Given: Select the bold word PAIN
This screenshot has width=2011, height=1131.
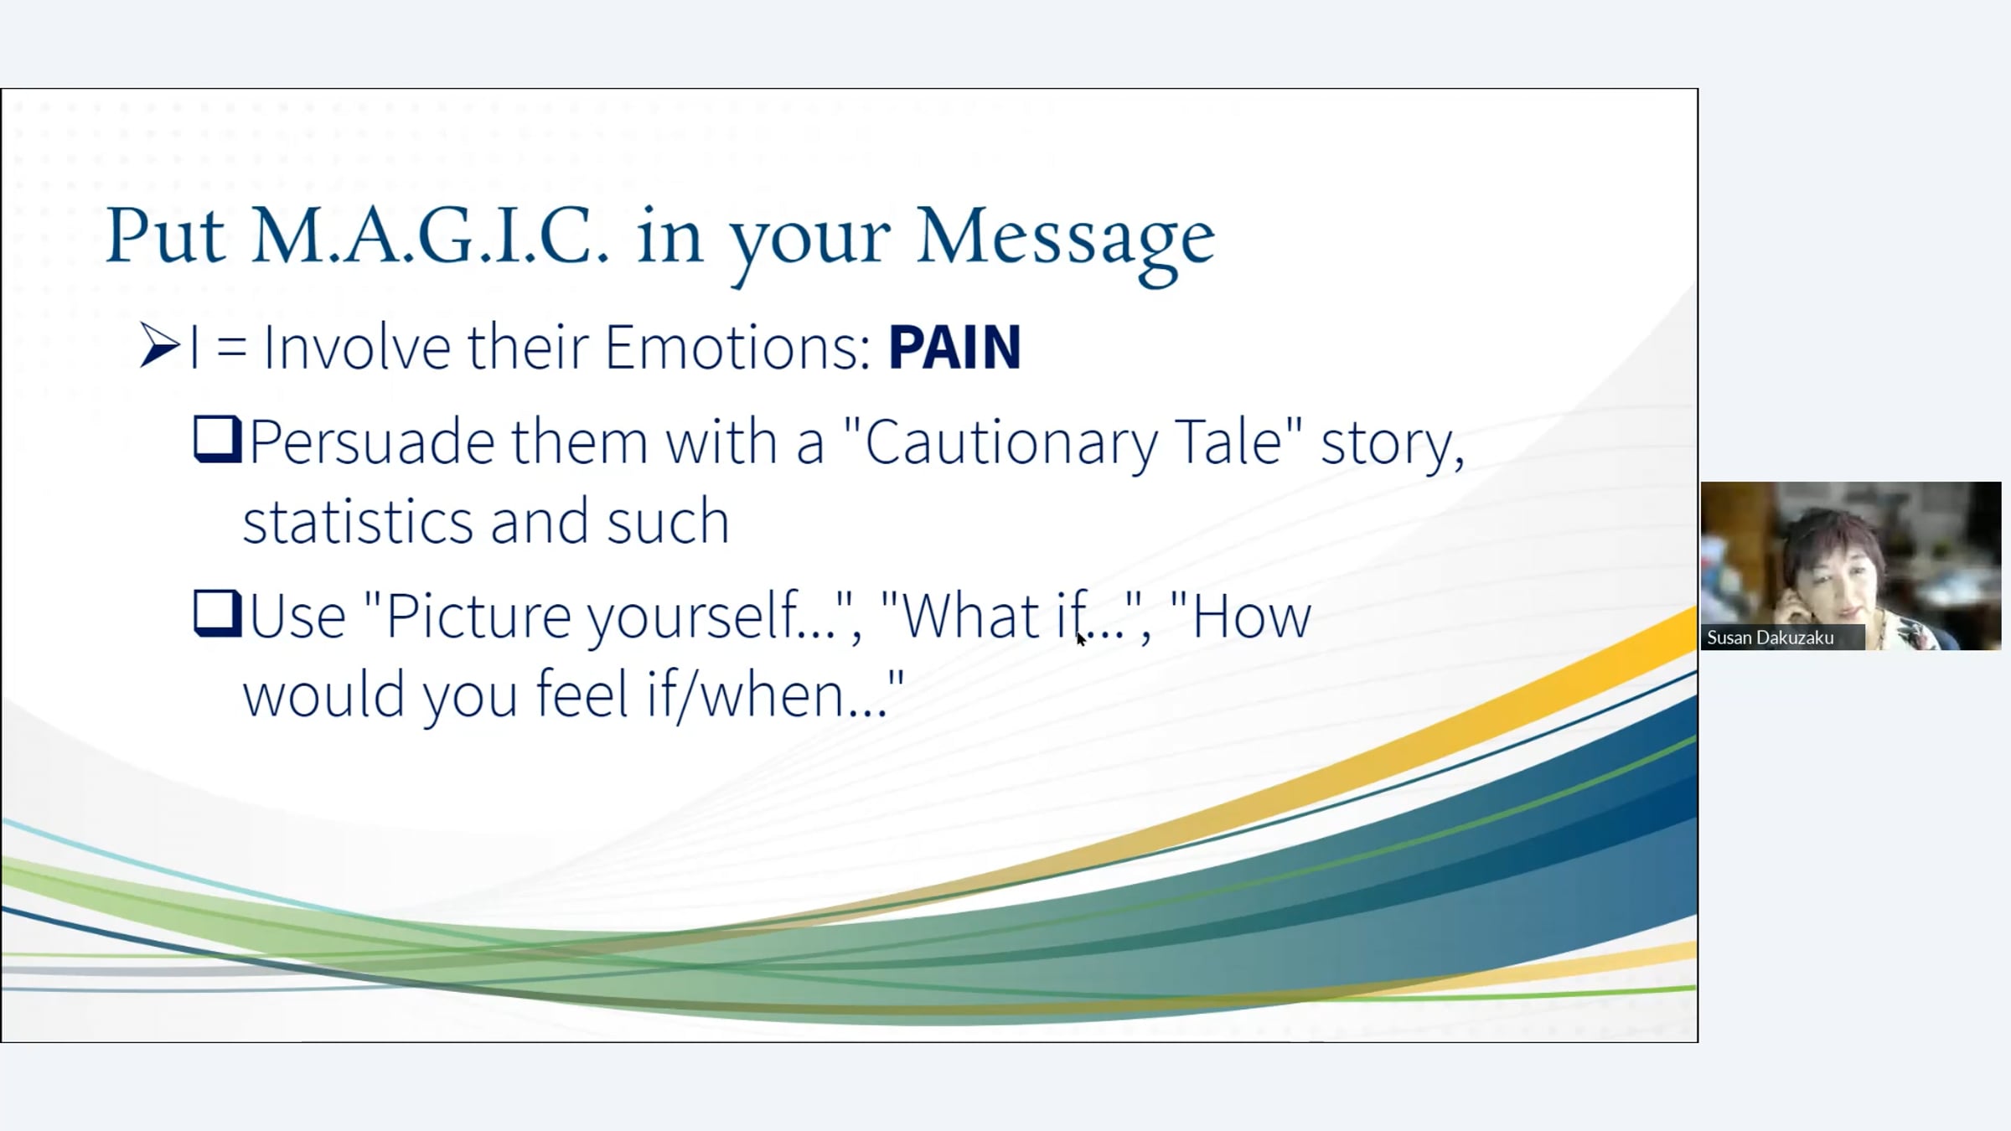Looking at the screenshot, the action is click(954, 347).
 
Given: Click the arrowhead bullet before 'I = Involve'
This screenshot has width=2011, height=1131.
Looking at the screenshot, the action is click(159, 346).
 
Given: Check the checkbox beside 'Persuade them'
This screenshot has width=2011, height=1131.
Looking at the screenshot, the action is click(218, 440).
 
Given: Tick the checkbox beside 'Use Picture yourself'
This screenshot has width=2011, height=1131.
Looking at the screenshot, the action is click(218, 614).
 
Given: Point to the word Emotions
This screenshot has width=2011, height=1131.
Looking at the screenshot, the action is click(737, 347).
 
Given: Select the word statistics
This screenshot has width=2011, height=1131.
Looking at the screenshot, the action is click(358, 521).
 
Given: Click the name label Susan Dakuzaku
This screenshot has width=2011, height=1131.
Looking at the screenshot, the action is click(1771, 638).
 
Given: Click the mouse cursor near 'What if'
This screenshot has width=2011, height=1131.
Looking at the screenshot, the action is click(1081, 638).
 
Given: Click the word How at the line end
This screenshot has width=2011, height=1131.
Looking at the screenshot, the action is click(1250, 616).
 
